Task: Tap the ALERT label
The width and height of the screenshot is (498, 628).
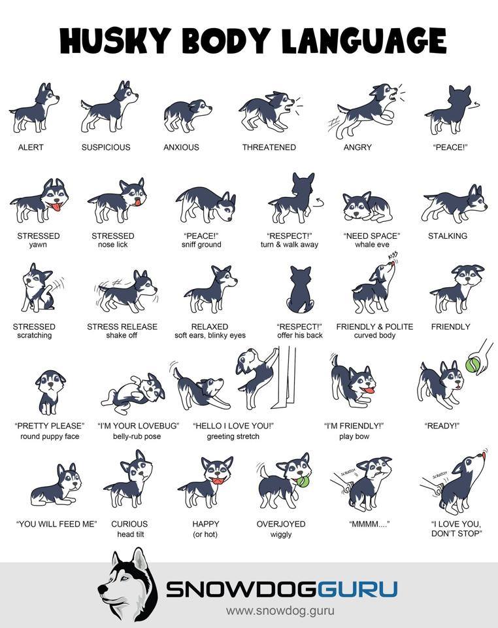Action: coord(31,147)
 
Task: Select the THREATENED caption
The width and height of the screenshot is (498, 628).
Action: coord(269,147)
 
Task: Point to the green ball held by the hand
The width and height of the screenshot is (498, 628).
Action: coord(473,365)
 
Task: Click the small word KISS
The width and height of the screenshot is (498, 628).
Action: coord(392,256)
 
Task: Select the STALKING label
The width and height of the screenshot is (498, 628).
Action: coord(448,236)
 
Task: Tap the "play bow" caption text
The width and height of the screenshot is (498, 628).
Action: coord(354,436)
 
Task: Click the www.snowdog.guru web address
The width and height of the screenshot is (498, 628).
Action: coord(280,611)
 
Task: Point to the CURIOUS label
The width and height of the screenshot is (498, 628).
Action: coord(129,524)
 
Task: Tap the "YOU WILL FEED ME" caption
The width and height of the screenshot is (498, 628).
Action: coord(56,524)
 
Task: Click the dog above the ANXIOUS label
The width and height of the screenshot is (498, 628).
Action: coord(187,115)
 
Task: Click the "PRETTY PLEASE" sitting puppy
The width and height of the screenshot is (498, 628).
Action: coord(50,392)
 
